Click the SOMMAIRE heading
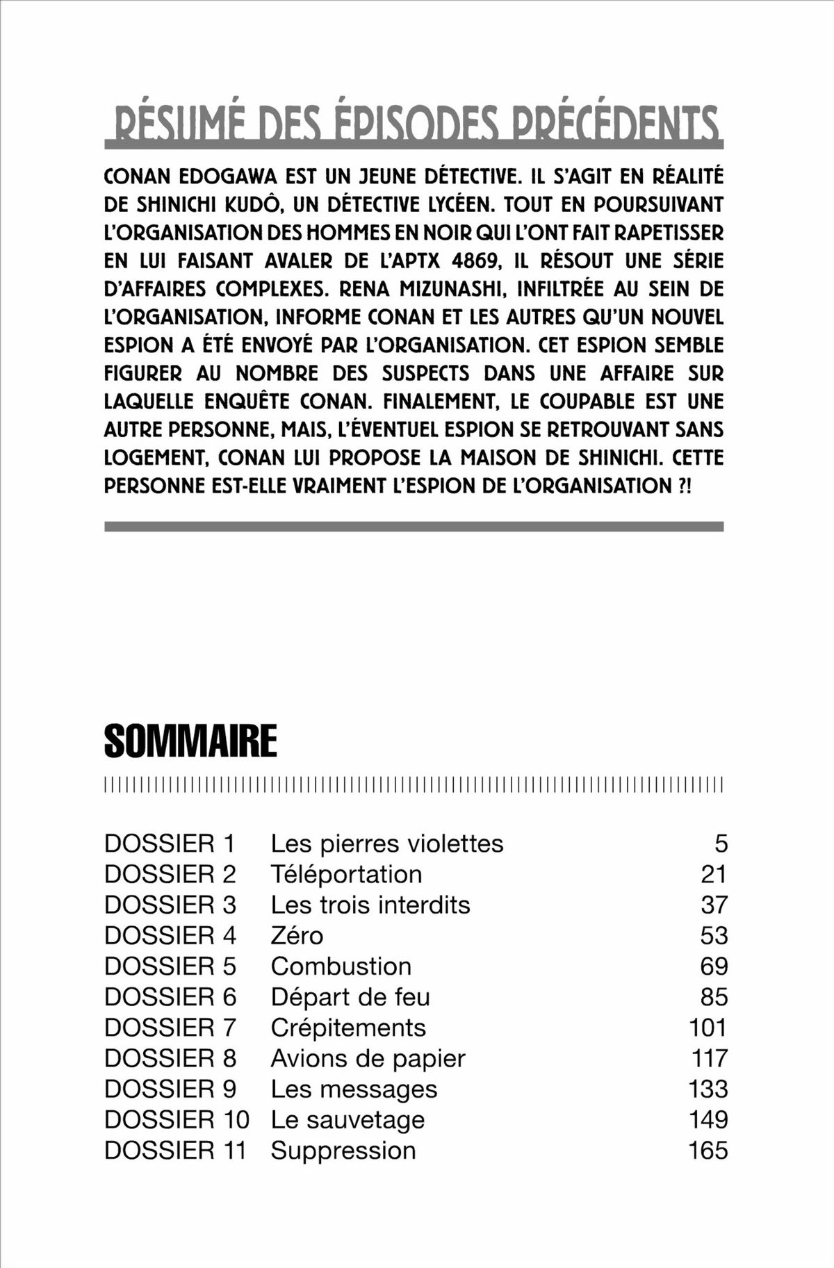190,741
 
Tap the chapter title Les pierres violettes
386,843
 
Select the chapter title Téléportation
346,874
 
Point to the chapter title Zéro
297,935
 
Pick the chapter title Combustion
341,966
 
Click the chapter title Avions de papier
368,1058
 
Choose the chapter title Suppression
343,1150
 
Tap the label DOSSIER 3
170,905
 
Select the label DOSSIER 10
177,1119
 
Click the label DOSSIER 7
170,1028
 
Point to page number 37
714,905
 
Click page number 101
708,1028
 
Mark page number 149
708,1119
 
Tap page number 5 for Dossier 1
721,843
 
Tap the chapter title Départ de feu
350,997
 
